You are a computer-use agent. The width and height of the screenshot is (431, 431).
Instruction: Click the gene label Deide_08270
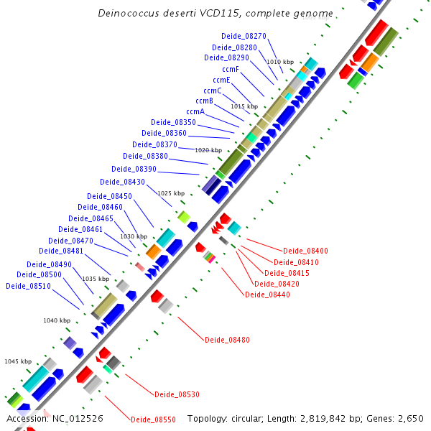tap(244, 36)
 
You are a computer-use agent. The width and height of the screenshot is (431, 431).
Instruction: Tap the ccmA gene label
tap(195, 111)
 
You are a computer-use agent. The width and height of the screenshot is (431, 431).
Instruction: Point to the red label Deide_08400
tap(305, 251)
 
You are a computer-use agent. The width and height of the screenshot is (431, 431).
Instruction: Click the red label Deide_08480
tap(227, 340)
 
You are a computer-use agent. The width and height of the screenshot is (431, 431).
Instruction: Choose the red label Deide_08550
tap(153, 419)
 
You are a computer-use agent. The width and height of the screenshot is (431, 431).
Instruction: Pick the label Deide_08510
tap(28, 286)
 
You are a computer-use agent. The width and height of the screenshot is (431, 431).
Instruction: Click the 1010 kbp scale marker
tap(280, 62)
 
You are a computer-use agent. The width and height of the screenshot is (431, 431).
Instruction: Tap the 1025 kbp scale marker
tap(171, 193)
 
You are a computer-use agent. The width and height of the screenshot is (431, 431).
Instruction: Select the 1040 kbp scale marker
tap(57, 320)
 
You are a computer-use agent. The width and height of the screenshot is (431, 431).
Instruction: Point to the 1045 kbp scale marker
tap(18, 361)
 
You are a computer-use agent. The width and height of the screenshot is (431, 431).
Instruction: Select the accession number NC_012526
tap(75, 418)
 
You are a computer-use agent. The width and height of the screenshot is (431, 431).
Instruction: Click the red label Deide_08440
tap(267, 295)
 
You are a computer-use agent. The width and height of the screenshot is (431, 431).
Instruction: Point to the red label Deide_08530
tap(177, 394)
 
